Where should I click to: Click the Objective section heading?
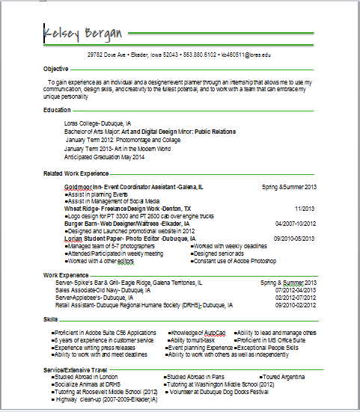click(55, 68)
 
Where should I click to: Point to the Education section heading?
click(57, 110)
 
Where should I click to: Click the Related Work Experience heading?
click(76, 173)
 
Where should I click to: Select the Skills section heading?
click(51, 319)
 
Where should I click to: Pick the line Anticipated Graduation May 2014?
click(105, 157)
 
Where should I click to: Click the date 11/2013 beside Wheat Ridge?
click(305, 208)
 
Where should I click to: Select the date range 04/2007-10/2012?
click(296, 223)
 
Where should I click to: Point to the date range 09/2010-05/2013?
click(295, 239)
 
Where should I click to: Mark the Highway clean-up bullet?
click(105, 399)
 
